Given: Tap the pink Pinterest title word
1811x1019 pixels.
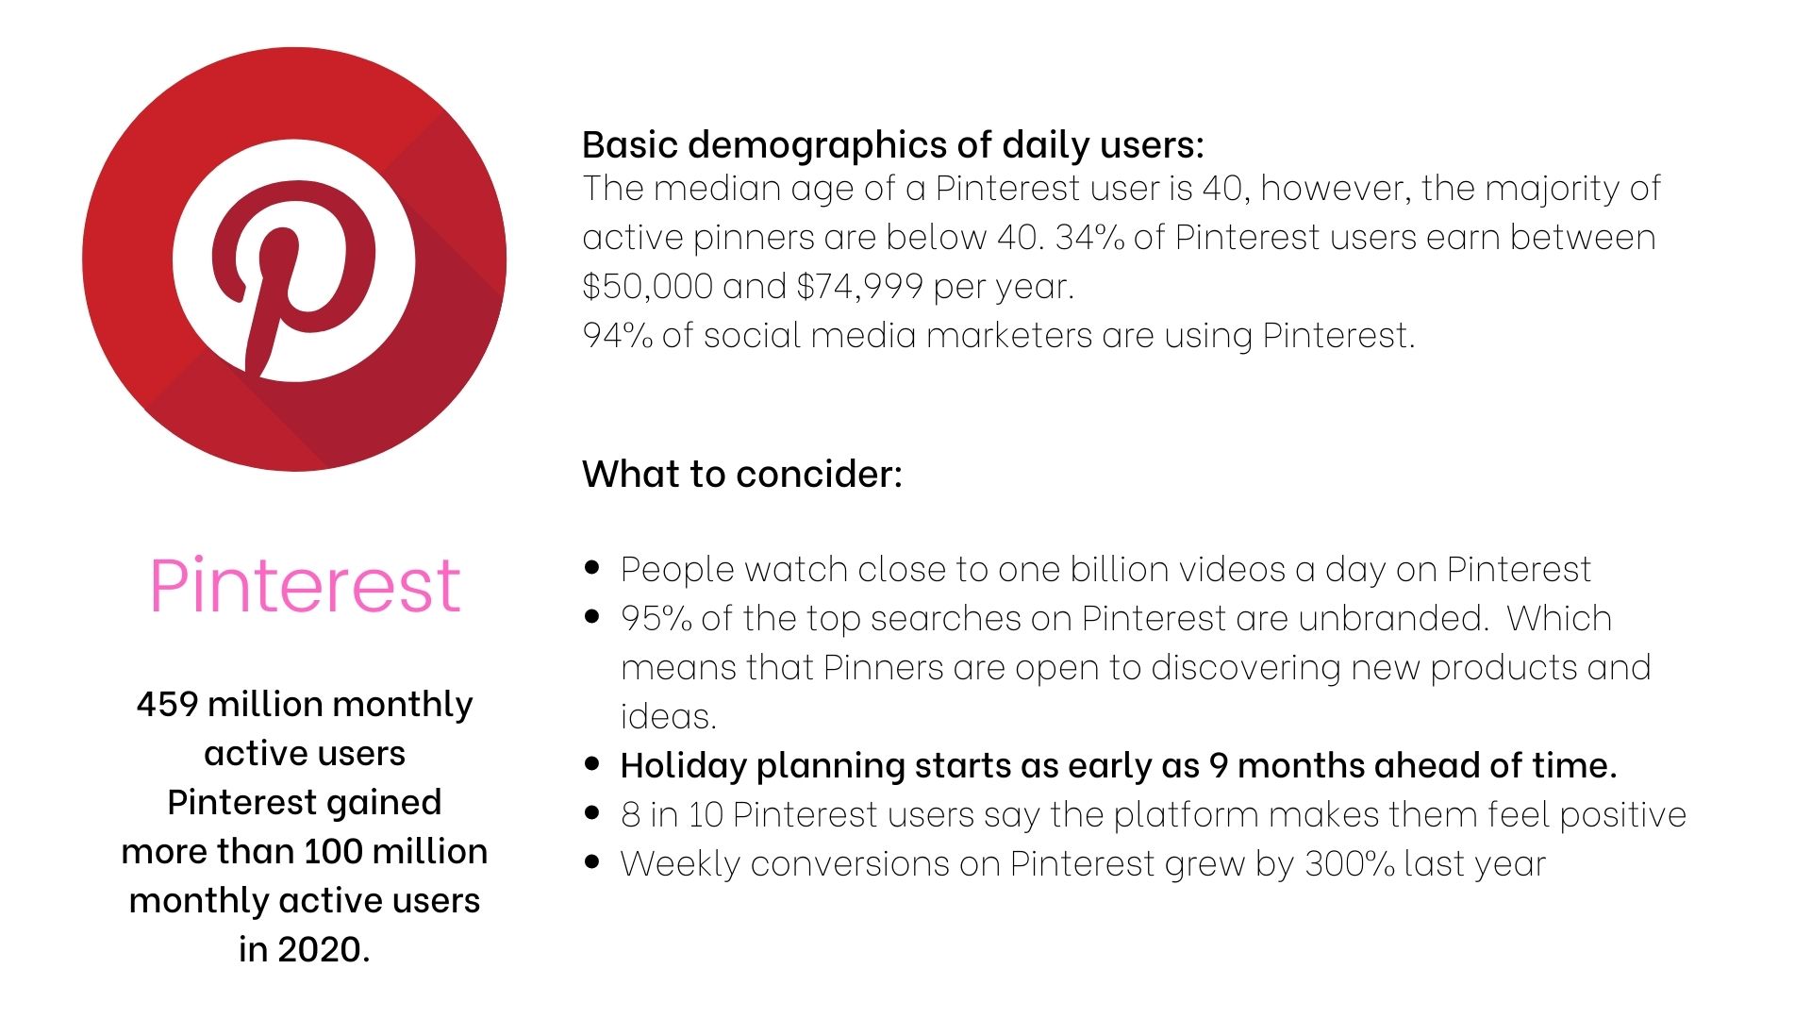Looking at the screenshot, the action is (305, 586).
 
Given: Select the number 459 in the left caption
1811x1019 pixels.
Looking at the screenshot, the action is (167, 705).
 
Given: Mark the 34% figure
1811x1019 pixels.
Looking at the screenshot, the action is (1089, 238).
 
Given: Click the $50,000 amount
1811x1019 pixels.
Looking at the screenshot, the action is (647, 287).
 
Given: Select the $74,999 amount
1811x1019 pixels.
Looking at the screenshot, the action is (859, 287).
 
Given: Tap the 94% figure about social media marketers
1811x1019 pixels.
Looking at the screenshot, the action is (617, 336).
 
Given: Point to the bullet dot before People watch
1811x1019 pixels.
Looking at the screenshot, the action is (592, 568).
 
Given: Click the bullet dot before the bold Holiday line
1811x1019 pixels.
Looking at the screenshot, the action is (592, 764).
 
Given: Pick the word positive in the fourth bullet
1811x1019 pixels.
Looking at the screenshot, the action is (1622, 816).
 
